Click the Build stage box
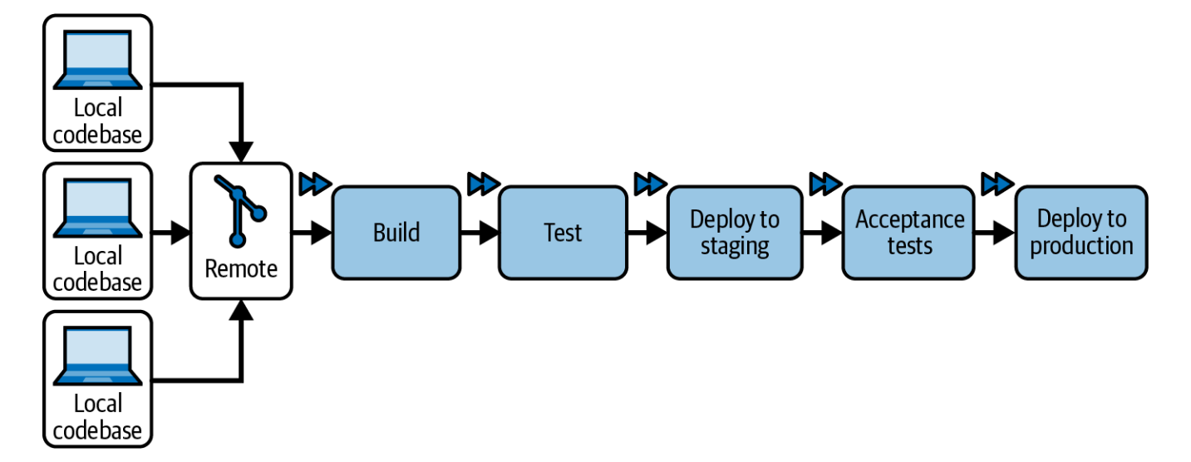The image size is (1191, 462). pos(396,233)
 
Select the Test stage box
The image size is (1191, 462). pos(562,233)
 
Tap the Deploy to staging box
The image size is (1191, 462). pos(735,233)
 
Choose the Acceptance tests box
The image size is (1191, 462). pos(909,233)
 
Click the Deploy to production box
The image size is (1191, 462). pos(1081,233)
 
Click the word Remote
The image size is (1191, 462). pos(241,269)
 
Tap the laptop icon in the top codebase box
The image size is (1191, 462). pos(98,61)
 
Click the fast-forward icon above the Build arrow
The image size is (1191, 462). pos(315,184)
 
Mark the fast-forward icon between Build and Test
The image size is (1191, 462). pos(483,184)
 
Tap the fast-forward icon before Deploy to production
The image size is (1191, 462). pos(997,184)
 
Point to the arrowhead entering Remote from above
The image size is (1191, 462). pos(241,152)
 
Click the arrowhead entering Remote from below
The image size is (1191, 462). pos(241,310)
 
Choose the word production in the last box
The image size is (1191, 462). pos(1081,247)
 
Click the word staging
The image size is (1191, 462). pos(735,247)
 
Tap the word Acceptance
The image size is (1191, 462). pos(909,219)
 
